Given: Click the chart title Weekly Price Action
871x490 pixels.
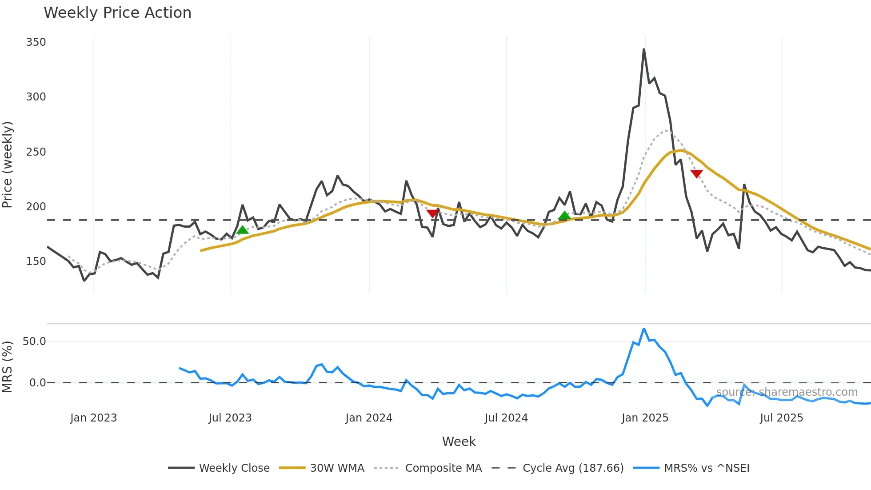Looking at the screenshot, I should [x=117, y=13].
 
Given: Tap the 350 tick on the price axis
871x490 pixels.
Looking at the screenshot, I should [x=36, y=42].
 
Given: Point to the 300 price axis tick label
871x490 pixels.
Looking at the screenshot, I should [x=36, y=97].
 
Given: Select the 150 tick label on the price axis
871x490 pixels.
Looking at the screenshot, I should [x=36, y=261].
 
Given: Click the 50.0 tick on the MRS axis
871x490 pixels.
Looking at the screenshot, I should [x=34, y=341].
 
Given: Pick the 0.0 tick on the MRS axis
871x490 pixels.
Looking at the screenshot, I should [x=37, y=383].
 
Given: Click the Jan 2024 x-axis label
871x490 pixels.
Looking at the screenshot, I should [x=369, y=418].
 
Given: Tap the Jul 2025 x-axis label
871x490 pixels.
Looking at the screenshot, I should [x=781, y=418].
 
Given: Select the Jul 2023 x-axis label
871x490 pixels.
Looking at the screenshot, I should [x=230, y=418].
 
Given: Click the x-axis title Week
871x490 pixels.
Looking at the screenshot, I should [x=459, y=442].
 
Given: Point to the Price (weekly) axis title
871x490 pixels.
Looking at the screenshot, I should [x=8, y=165].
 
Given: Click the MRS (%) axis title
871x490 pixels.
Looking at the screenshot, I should [x=8, y=367].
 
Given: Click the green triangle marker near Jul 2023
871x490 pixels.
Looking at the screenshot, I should [x=242, y=230].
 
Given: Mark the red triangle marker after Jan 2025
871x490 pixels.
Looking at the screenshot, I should [x=696, y=173].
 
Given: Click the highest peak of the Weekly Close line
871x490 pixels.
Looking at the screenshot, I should [x=644, y=49].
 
